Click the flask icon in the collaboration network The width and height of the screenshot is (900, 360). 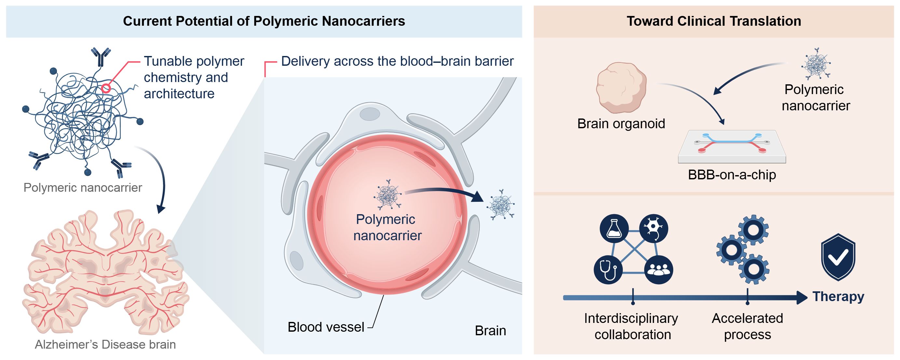point(614,228)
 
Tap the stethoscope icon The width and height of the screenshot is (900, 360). point(608,270)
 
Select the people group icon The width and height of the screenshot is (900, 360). point(658,270)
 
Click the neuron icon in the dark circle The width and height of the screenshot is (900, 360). point(653,228)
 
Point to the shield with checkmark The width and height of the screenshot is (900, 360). point(838,257)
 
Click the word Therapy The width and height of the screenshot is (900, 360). point(838,297)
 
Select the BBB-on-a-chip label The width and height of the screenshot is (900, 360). point(731,174)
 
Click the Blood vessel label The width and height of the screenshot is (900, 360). point(326,327)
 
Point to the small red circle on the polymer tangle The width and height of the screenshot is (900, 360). point(106,88)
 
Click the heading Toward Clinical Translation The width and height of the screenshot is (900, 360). point(714,21)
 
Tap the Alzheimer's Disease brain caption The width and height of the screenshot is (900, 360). point(105,345)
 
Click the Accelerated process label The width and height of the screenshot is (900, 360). point(747,326)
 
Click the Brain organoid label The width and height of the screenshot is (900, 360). point(621,124)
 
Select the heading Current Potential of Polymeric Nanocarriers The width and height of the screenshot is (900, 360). point(264,21)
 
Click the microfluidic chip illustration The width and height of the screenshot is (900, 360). point(731,147)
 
